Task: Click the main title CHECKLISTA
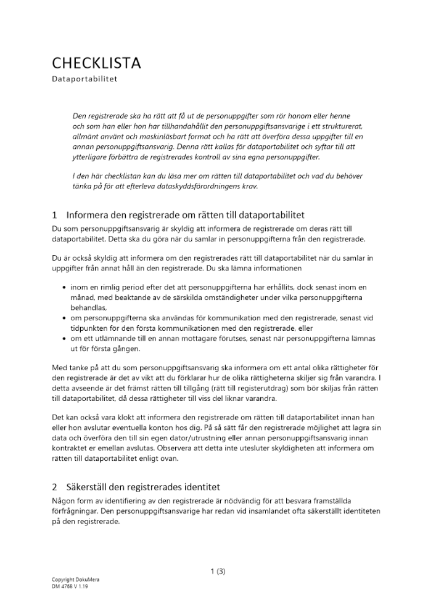96,63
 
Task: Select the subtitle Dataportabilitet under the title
84,79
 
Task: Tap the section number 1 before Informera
55,216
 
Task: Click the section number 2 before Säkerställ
55,487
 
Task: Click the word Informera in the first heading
90,216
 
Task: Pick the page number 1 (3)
218,571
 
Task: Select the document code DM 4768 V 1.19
70,586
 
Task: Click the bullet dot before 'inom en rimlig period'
65,288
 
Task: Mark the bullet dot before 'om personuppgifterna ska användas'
65,318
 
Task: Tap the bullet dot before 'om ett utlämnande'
65,339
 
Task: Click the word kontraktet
70,448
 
